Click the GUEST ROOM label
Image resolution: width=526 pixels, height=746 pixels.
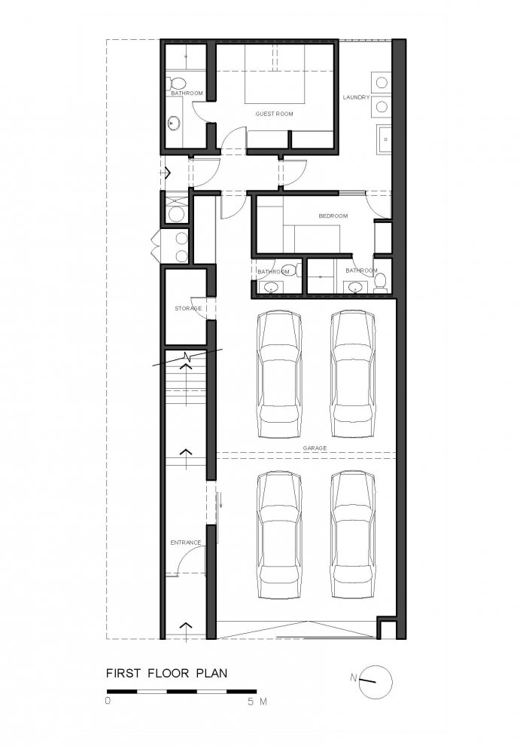(x=274, y=114)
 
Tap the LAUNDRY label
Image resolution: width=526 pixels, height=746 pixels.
(x=357, y=97)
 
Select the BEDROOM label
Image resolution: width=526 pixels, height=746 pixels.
(x=333, y=216)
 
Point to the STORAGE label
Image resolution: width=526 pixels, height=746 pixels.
(x=188, y=308)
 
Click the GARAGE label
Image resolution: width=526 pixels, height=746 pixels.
(x=315, y=448)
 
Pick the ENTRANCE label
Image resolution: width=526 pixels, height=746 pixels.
(x=186, y=543)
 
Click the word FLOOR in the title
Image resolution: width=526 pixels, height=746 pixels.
(x=163, y=673)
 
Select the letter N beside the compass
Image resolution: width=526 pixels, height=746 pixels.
(x=353, y=677)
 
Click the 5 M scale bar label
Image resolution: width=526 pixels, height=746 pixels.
(x=257, y=702)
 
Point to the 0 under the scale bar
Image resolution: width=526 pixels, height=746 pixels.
(x=108, y=701)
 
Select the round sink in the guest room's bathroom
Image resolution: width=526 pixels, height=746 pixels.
(x=173, y=124)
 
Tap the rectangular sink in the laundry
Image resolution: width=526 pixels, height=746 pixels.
(x=384, y=139)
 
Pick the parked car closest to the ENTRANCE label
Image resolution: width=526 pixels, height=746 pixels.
(x=279, y=535)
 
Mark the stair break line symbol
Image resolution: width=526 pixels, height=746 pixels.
(x=187, y=358)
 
